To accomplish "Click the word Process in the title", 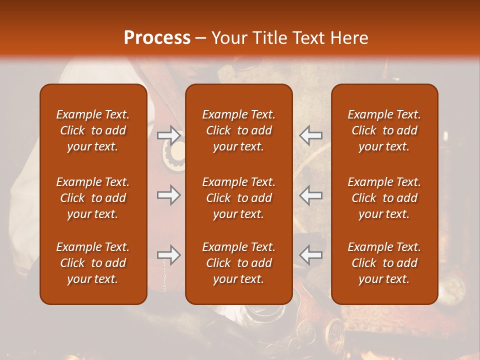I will point(157,38).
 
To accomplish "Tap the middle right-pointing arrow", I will point(168,195).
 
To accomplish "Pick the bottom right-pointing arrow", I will point(168,255).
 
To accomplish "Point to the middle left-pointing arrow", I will point(311,195).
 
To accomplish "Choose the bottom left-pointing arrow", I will point(311,255).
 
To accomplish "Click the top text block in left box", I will point(93,130).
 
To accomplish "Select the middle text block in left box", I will point(93,198).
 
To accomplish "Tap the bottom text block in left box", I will point(93,263).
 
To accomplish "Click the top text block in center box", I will point(238,130).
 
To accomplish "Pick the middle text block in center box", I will point(238,198).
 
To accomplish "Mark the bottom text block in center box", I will point(238,263).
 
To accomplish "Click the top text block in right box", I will point(384,130).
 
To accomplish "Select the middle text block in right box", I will point(384,198).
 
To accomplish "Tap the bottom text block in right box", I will point(384,263).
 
